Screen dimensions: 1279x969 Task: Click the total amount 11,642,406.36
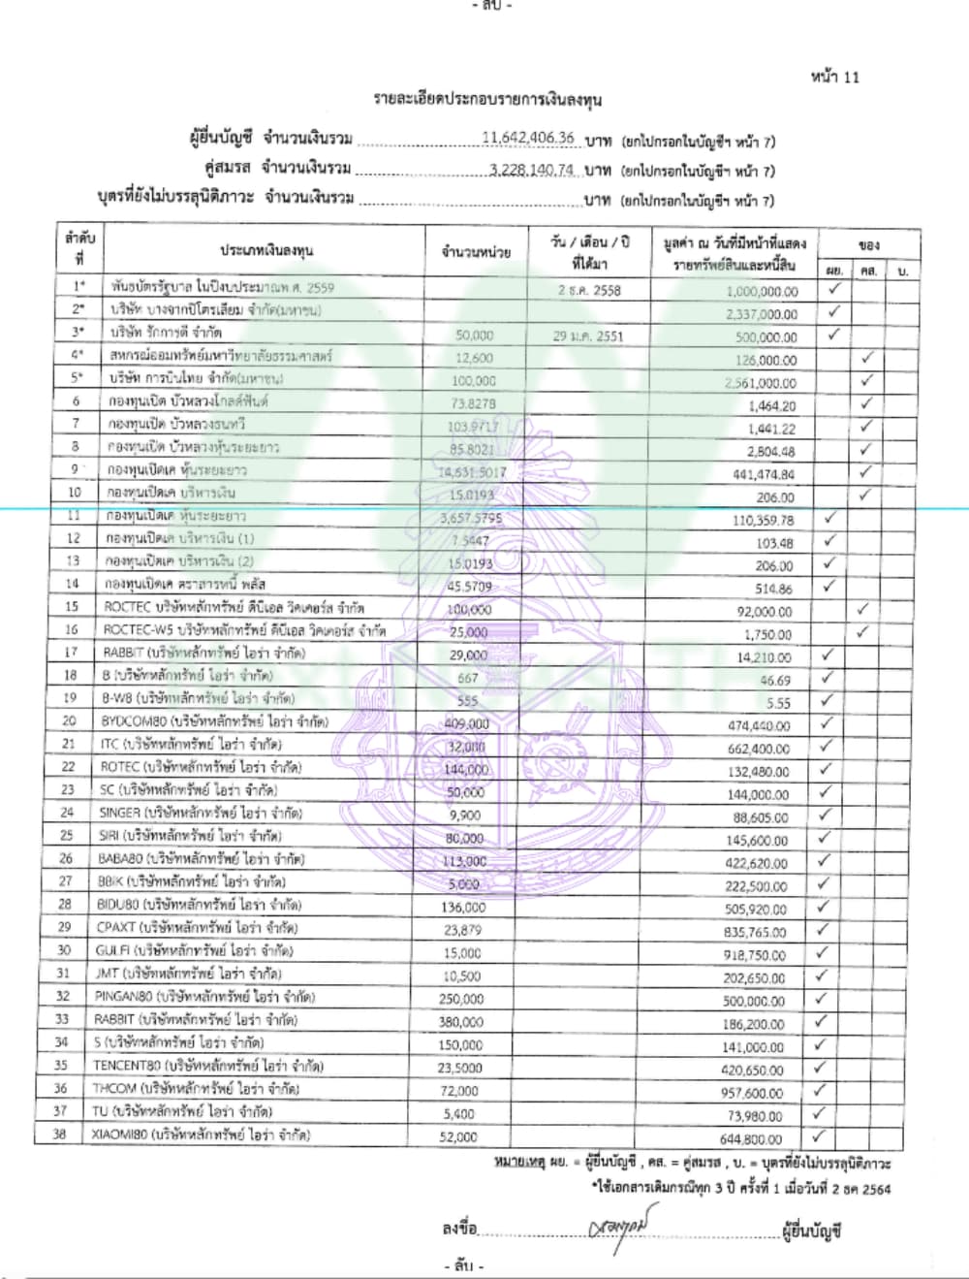pos(528,138)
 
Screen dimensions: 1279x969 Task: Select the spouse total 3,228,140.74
pos(532,170)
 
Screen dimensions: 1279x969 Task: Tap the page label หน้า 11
pos(834,77)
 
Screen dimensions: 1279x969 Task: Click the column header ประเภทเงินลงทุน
pos(266,250)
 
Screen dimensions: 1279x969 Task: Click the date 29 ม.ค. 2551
pos(588,336)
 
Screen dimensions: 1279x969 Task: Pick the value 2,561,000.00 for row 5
pos(761,383)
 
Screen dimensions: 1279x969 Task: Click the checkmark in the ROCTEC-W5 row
pos(862,632)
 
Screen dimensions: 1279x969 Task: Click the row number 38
pos(59,1135)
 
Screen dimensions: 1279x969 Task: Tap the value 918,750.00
pos(753,955)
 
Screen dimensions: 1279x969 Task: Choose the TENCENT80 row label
pos(208,1066)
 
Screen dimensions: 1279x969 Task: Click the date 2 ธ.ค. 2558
pos(589,290)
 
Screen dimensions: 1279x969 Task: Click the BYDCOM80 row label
pos(214,721)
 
